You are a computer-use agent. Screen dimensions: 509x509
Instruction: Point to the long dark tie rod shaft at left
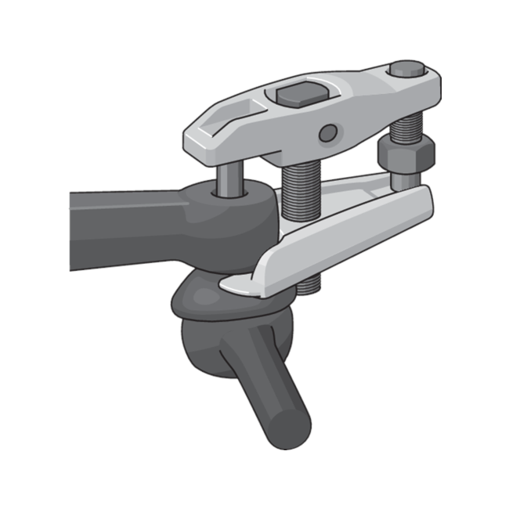tap(117, 227)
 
